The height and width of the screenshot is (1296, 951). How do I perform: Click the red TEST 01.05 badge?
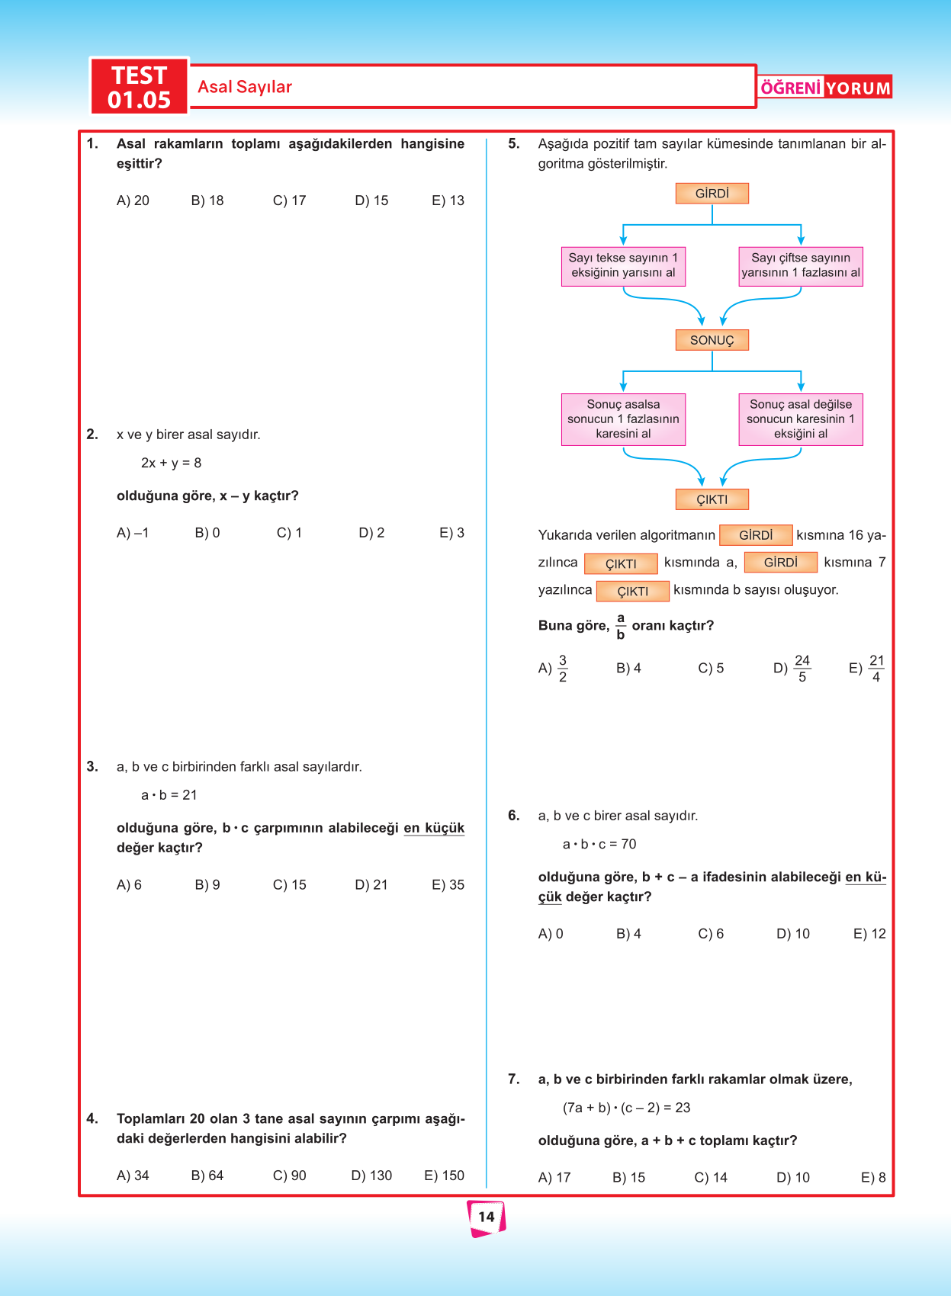139,87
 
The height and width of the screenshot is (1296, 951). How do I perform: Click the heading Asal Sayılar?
245,87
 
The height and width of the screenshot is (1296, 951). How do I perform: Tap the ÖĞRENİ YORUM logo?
825,88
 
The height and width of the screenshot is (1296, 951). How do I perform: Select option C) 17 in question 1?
289,200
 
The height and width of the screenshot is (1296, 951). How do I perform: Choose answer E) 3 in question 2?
451,533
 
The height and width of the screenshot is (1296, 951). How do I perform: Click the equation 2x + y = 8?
171,463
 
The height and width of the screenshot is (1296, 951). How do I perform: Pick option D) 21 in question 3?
371,884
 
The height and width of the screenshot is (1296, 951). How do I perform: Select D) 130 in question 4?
371,1176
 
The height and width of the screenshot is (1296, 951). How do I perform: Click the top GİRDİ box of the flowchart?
712,194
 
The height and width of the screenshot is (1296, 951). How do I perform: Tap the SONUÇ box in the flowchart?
712,340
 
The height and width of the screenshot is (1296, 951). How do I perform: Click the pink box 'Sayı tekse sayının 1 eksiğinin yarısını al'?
623,266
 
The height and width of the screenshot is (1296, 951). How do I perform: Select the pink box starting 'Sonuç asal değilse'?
800,419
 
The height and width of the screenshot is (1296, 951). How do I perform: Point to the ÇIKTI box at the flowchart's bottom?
712,499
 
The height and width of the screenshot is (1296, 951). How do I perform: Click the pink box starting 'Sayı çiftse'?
800,266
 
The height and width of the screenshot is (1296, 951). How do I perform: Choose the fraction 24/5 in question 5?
801,669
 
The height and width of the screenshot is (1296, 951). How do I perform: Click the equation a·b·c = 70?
599,844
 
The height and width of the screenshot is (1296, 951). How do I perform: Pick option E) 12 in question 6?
869,934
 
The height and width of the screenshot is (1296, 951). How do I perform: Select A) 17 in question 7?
554,1177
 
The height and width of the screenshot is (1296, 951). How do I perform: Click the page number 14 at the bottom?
486,1217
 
